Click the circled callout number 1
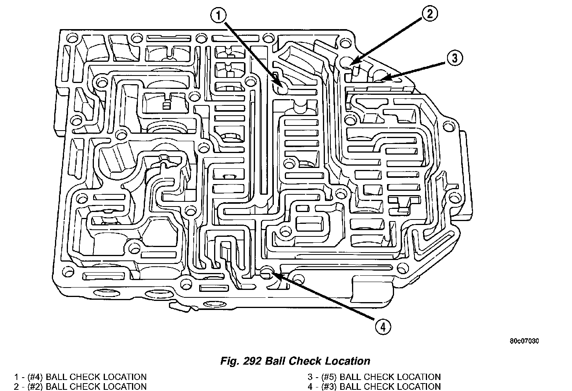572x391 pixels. (219, 16)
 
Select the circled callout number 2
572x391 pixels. (429, 14)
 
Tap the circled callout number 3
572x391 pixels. (454, 59)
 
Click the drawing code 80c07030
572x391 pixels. (524, 341)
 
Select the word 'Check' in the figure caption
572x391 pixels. (307, 361)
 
